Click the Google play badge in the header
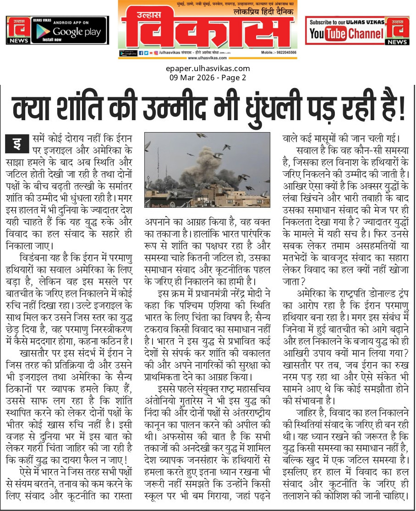70,30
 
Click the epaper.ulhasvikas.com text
208,69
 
